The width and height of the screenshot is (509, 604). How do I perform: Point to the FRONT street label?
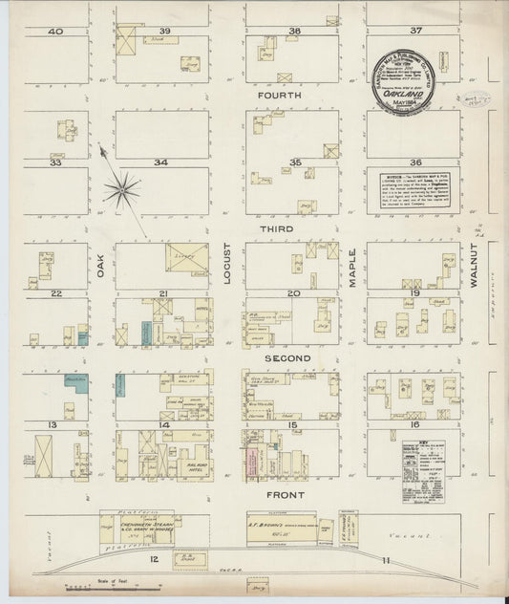(x=286, y=495)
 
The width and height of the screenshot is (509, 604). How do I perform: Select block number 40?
(x=55, y=32)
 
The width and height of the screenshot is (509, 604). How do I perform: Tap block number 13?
(x=54, y=423)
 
